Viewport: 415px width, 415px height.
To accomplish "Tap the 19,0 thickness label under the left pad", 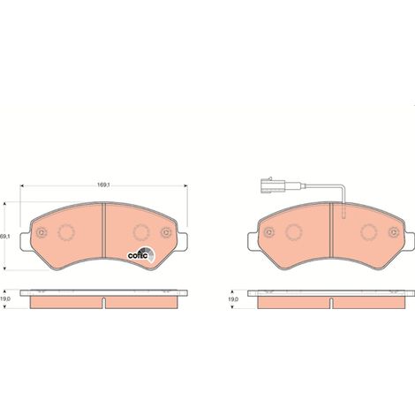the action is pos(6,298).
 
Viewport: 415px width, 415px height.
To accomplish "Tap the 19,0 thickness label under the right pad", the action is pos(233,298).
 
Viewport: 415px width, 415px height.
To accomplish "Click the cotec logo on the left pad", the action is pos(140,254).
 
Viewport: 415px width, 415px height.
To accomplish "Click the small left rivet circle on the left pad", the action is pos(41,232).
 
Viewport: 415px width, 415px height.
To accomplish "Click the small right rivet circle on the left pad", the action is pos(166,232).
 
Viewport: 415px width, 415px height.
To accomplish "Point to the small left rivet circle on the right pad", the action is pos(268,232).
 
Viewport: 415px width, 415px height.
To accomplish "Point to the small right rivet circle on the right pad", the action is pos(394,232).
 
